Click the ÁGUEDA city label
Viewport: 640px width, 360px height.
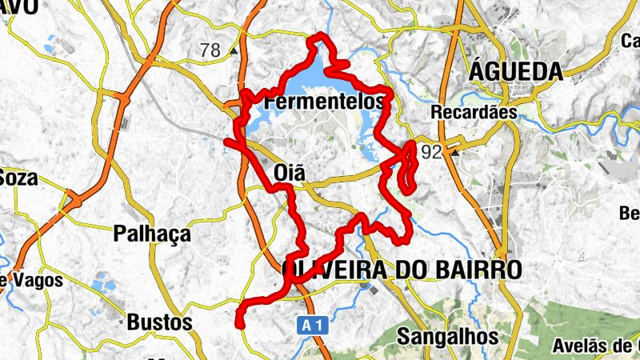(515, 72)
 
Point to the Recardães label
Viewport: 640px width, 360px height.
(474, 113)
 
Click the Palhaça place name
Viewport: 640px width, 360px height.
(152, 234)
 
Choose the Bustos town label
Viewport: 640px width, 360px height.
(159, 322)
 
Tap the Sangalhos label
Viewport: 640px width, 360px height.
(448, 337)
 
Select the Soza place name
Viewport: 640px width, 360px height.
(18, 178)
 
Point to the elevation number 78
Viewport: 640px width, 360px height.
(210, 50)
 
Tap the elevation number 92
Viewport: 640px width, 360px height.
(431, 152)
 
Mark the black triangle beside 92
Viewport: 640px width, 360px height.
(455, 151)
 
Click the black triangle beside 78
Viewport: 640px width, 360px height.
(233, 50)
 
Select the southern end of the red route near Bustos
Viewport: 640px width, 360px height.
(239, 324)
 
